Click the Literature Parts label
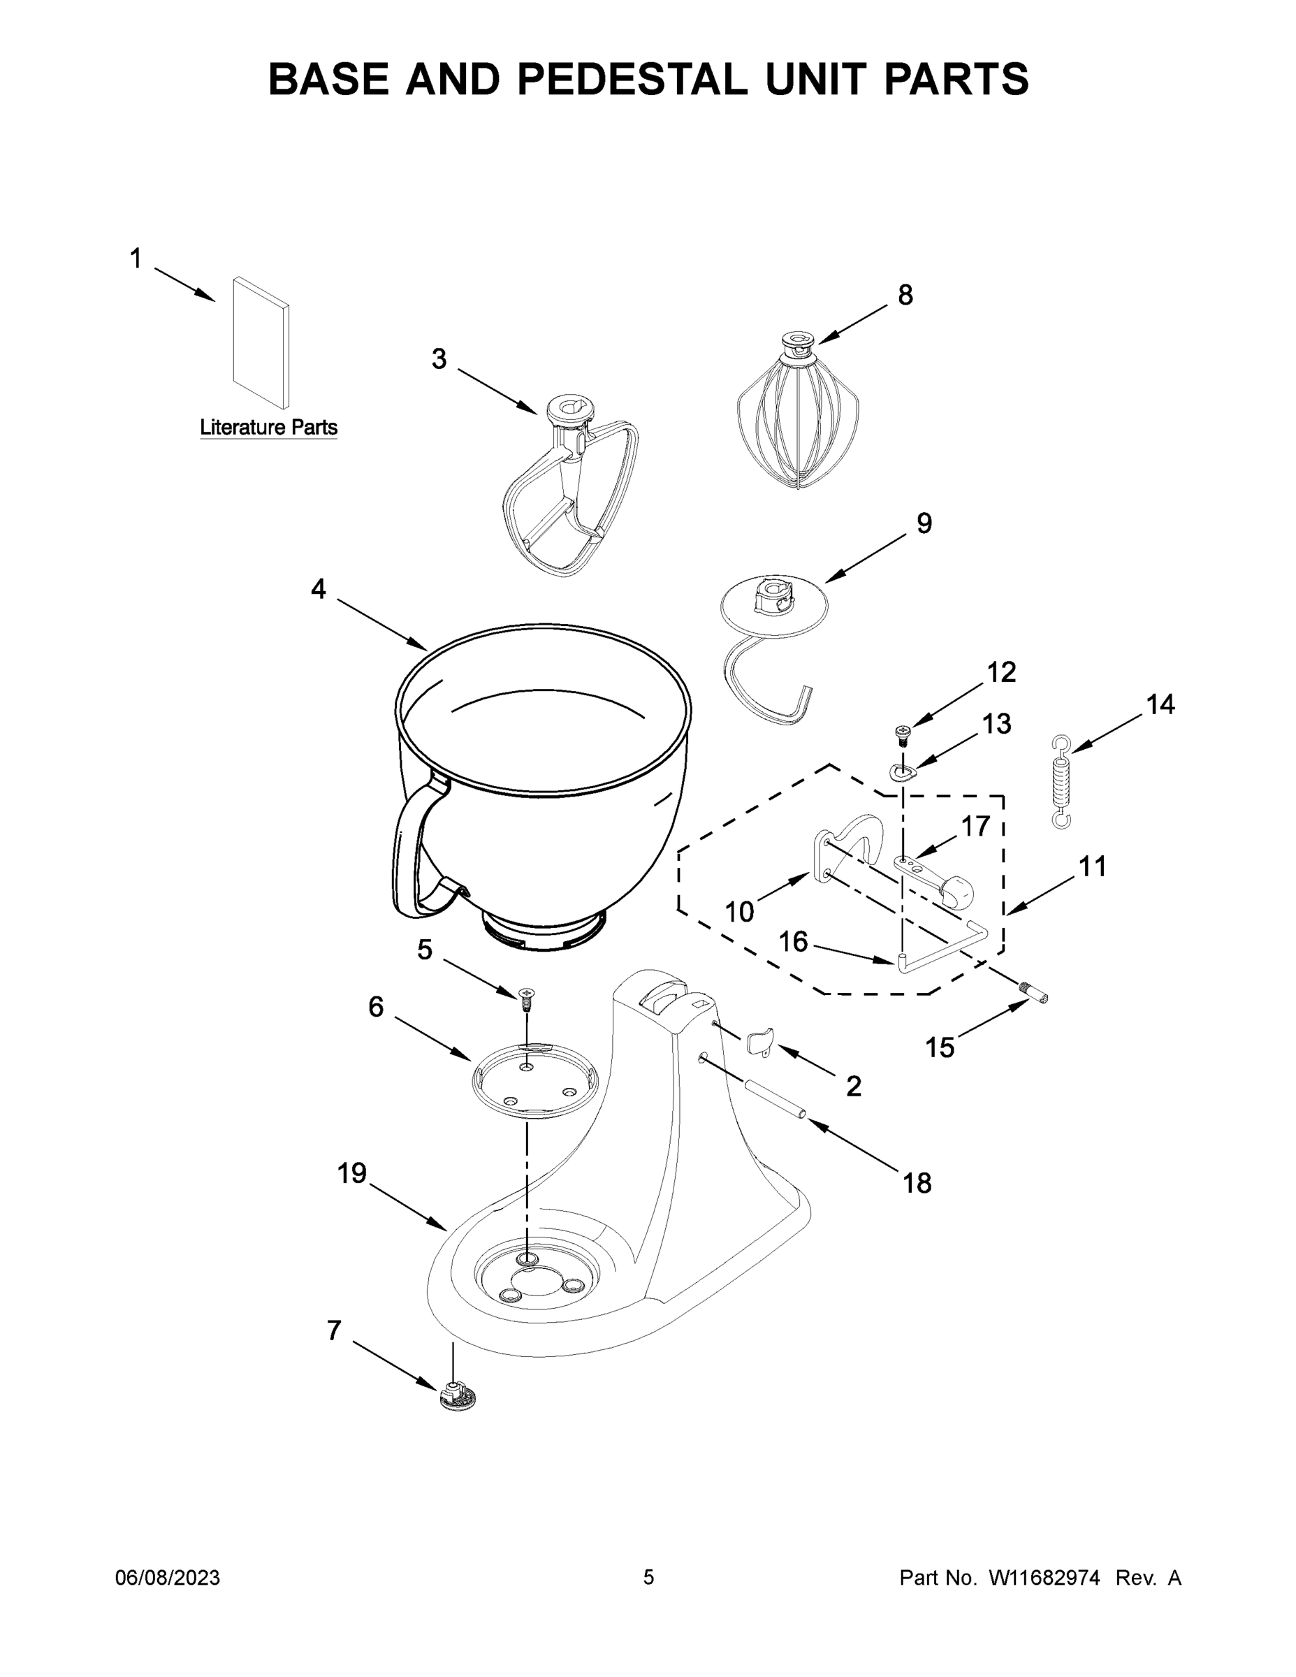(x=268, y=427)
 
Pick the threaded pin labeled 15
(x=1035, y=994)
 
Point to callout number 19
(x=352, y=1173)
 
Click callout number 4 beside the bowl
(x=318, y=589)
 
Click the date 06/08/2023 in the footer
(x=168, y=1577)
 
